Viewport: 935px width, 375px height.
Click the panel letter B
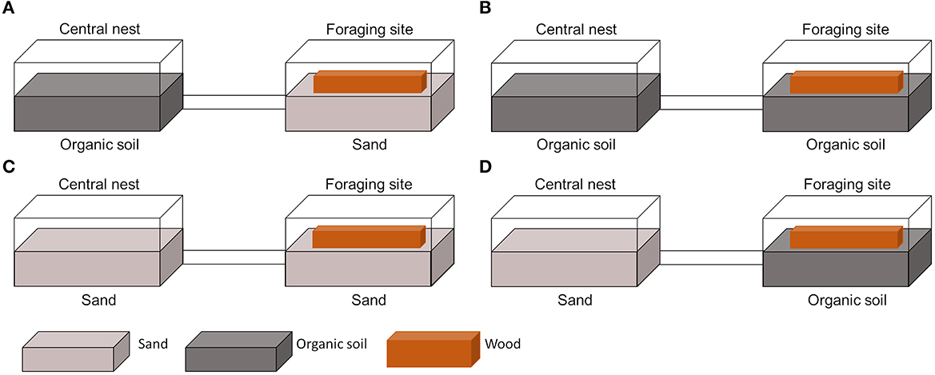coord(483,10)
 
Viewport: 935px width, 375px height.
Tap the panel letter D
coord(484,170)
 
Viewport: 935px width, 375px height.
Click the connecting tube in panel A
coord(234,102)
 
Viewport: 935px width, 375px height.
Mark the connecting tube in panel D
coord(711,257)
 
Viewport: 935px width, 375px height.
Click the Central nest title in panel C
coord(100,185)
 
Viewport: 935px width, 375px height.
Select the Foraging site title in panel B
coord(845,30)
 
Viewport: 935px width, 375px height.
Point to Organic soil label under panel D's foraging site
coord(845,301)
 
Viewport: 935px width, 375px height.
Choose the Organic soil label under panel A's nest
coord(100,146)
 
